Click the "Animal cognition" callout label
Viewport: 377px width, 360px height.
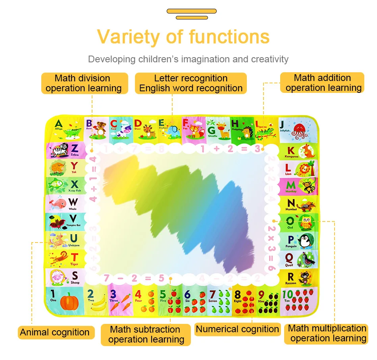coord(55,332)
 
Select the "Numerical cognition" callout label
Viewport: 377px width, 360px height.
coord(237,329)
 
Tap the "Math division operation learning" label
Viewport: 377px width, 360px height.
coord(84,83)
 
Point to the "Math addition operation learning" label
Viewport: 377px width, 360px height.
coord(323,83)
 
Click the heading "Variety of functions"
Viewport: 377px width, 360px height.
coord(183,37)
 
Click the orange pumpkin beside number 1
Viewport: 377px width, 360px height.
coord(69,302)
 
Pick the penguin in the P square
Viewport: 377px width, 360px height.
coord(305,241)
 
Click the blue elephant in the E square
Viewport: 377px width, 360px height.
coord(173,131)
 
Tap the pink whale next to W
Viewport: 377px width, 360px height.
coord(59,204)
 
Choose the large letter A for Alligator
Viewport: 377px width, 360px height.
coord(59,124)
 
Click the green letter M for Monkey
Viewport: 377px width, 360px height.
coord(291,185)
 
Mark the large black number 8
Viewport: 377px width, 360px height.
coord(237,295)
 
